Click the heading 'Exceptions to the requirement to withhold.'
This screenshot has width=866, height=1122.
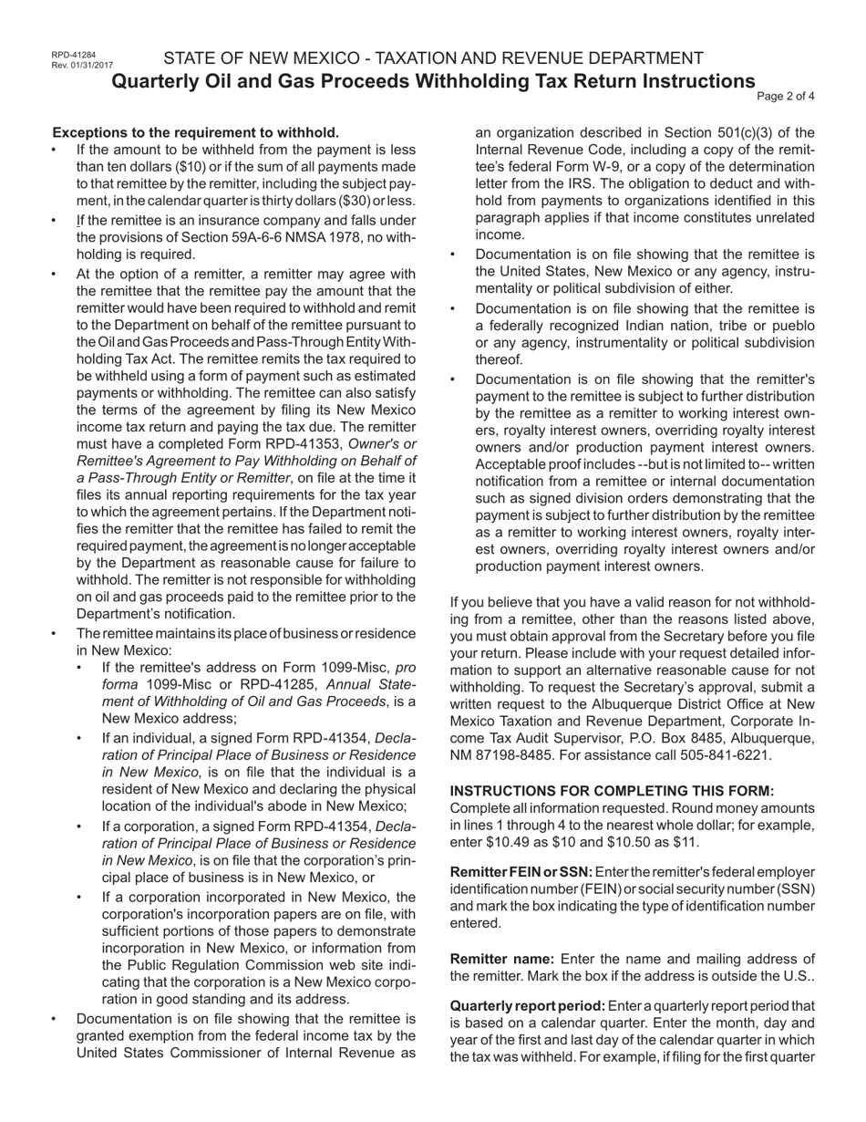click(196, 132)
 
